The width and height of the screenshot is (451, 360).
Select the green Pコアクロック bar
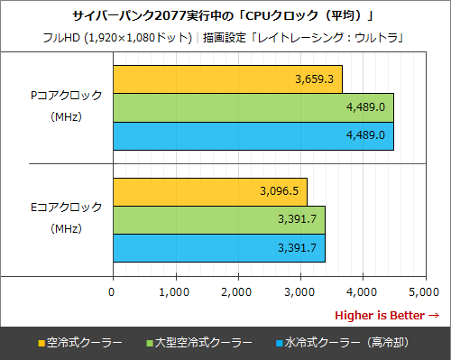pos(253,106)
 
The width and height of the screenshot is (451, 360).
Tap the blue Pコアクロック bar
pos(253,134)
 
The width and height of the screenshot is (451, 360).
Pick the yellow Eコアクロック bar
pos(209,191)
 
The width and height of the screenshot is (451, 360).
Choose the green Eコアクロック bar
pos(218,219)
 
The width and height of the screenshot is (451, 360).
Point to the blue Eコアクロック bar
pos(218,246)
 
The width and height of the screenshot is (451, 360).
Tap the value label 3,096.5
pos(279,191)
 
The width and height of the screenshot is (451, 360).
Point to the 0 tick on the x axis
pos(112,291)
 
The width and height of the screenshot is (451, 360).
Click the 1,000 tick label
pos(174,291)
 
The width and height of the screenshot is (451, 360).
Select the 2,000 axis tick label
pos(236,291)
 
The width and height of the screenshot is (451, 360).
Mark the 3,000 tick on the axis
pos(299,291)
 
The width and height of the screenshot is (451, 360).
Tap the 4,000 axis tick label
pos(361,291)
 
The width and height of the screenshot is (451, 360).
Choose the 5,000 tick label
pos(423,291)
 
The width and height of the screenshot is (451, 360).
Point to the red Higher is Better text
pos(386,315)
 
